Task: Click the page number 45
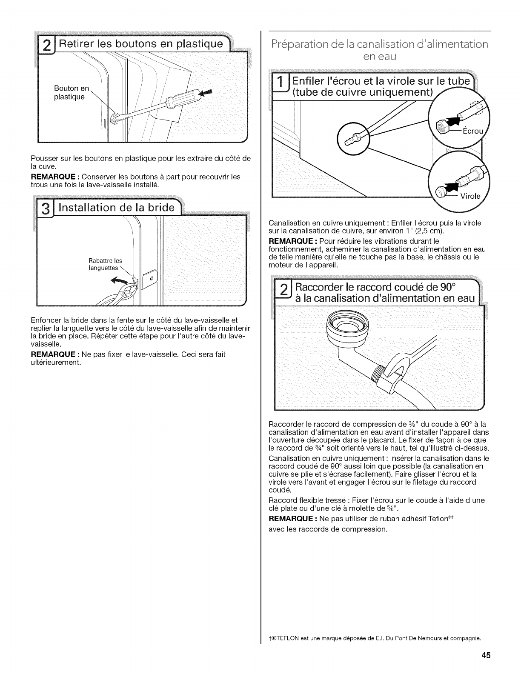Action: pyautogui.click(x=486, y=656)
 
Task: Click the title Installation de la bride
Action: pyautogui.click(x=117, y=208)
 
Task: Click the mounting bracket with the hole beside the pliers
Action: pyautogui.click(x=149, y=280)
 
